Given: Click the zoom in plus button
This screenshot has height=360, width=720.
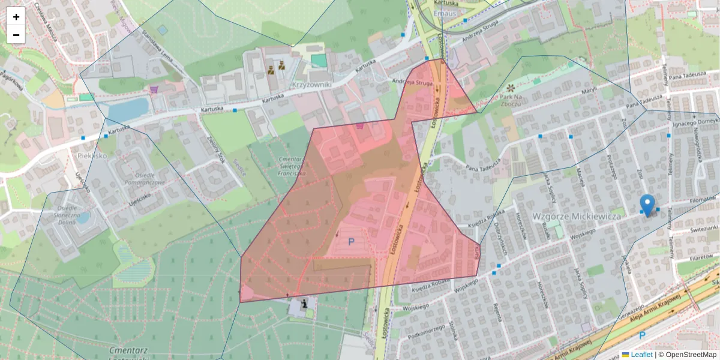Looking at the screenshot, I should coord(16,17).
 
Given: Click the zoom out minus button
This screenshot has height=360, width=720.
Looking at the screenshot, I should coord(16,35).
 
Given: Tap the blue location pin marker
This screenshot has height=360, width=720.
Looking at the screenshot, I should coord(647,205).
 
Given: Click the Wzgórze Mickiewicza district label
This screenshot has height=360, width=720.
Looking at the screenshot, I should coord(576,215).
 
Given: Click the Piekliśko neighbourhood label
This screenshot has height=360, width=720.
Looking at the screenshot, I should coord(92,155).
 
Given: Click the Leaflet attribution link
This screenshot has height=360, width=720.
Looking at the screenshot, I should coord(641,355).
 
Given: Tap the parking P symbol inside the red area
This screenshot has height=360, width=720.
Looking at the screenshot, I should coord(351,242).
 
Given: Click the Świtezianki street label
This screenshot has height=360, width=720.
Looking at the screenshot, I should coord(703,228).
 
